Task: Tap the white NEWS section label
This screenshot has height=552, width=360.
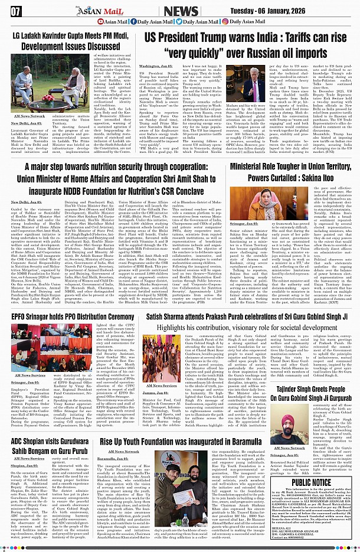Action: [x=181, y=11]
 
